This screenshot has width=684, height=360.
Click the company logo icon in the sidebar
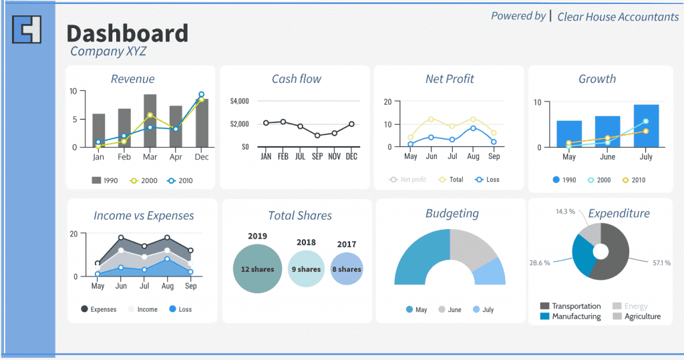[27, 29]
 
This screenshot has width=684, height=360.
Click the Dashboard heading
[127, 33]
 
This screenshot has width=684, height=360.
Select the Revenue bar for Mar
[150, 120]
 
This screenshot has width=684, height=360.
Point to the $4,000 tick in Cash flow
[239, 101]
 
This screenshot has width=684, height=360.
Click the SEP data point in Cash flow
[317, 136]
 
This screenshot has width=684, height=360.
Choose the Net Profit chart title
[450, 79]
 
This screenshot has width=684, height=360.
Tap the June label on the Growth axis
[607, 158]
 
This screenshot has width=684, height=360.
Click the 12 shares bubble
[258, 268]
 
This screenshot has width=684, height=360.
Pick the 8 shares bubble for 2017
[347, 269]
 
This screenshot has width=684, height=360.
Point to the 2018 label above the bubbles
[306, 242]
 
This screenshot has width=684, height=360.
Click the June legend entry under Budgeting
[450, 310]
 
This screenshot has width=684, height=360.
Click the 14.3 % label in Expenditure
[564, 212]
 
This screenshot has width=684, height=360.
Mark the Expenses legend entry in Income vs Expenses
[98, 309]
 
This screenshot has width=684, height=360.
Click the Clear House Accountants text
[617, 17]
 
